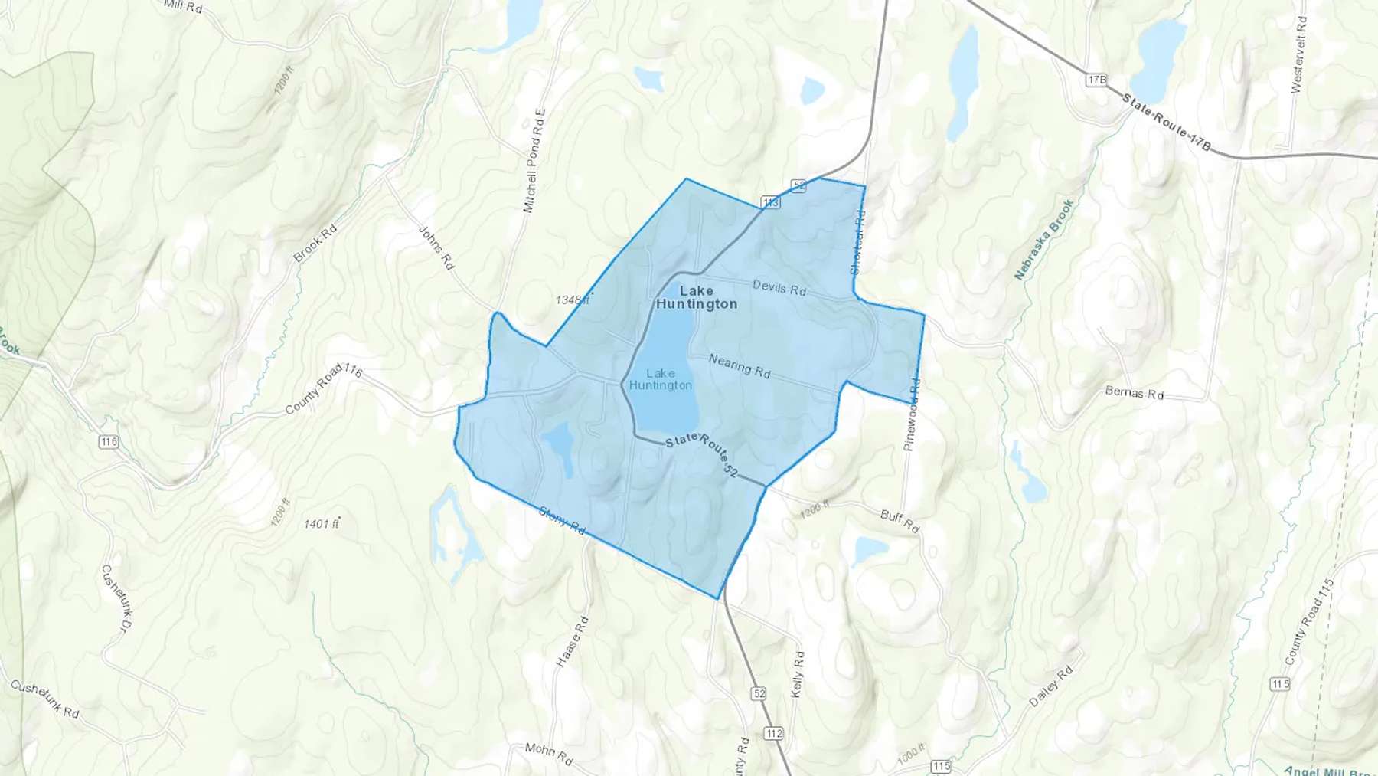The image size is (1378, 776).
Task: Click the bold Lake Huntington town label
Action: [x=697, y=297]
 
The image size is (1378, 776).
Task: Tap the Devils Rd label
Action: [x=779, y=288]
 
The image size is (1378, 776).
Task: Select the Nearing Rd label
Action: [x=740, y=365]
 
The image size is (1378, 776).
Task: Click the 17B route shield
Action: [x=1096, y=80]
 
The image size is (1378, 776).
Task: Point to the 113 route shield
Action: [x=770, y=202]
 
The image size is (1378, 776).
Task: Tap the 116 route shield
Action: [x=109, y=442]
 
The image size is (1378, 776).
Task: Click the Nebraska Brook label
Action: [x=1044, y=240]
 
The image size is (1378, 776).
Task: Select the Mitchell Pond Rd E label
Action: [x=534, y=161]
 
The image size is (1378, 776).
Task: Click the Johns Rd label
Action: [x=436, y=247]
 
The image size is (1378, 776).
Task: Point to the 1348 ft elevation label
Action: [x=573, y=300]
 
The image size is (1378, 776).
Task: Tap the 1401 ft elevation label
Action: [x=322, y=524]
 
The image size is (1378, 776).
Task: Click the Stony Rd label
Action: [x=562, y=520]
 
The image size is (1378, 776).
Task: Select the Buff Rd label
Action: [x=900, y=521]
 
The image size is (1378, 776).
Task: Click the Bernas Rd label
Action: [x=1135, y=393]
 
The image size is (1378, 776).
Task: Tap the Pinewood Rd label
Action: [x=911, y=414]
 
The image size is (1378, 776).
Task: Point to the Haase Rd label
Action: [x=572, y=642]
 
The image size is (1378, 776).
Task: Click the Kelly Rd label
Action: [x=798, y=674]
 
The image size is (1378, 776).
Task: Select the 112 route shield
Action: [x=774, y=733]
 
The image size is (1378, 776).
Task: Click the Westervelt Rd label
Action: [x=1299, y=54]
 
